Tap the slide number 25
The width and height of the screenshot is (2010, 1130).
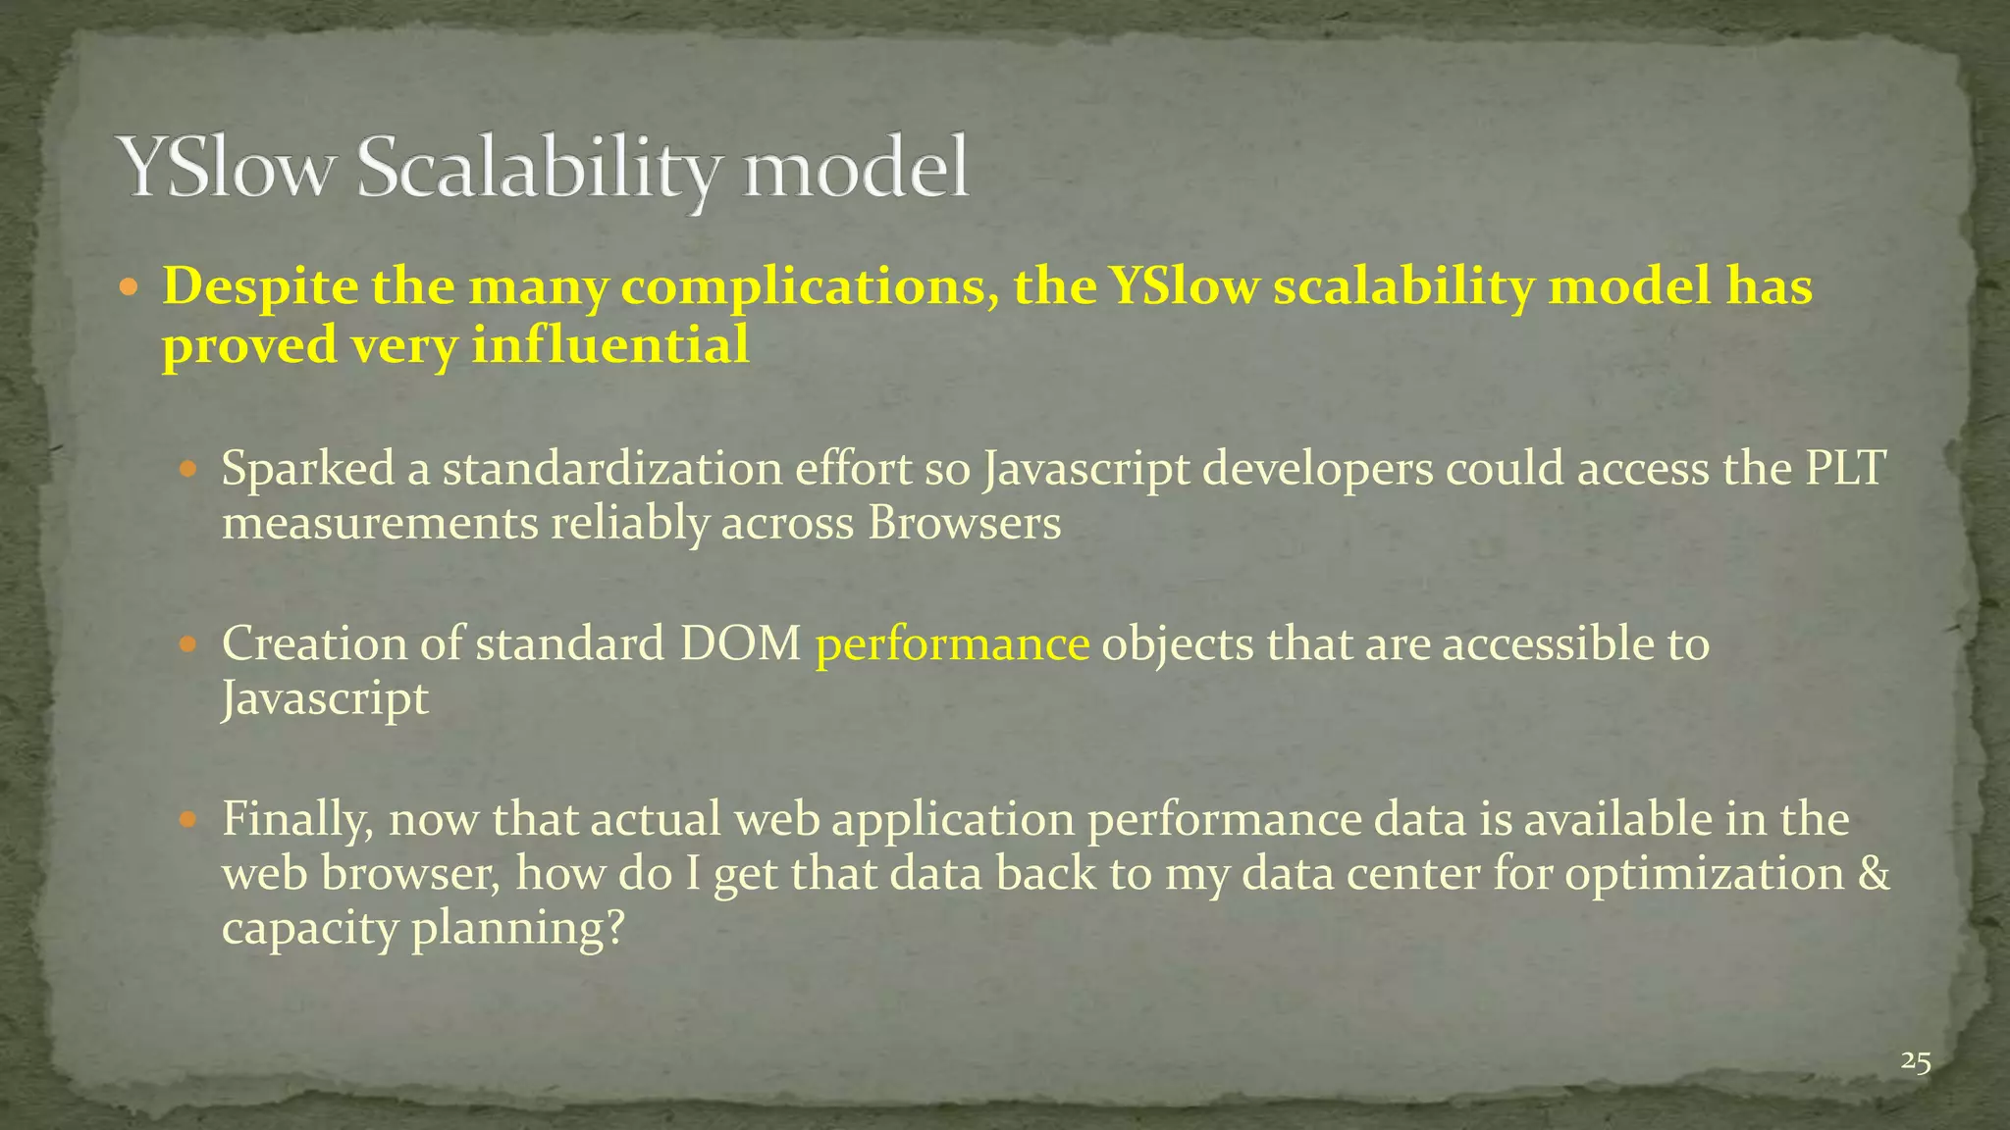pyautogui.click(x=1916, y=1061)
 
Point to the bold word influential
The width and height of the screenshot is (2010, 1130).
pyautogui.click(x=610, y=345)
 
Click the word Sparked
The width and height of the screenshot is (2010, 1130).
pyautogui.click(x=308, y=469)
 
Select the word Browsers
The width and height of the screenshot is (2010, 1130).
pyautogui.click(x=964, y=523)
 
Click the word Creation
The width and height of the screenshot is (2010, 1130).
pyautogui.click(x=314, y=644)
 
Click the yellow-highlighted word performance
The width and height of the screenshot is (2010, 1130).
pyautogui.click(x=952, y=644)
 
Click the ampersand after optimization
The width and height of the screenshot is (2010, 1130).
pyautogui.click(x=1874, y=873)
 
